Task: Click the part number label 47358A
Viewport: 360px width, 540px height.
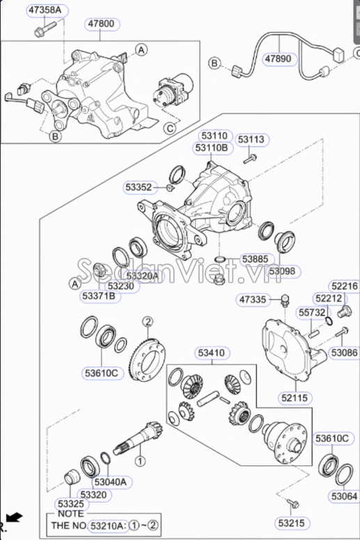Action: point(45,10)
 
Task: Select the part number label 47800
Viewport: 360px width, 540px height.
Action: point(100,24)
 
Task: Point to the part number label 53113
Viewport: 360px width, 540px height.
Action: point(251,139)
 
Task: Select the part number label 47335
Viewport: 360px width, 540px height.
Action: point(253,300)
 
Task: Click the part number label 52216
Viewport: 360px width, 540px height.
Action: point(344,286)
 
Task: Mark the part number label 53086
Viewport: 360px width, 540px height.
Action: point(343,353)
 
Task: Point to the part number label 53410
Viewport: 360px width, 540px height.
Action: point(210,353)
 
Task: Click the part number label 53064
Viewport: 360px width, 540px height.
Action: point(344,497)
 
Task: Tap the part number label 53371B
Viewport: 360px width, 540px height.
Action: point(100,296)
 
